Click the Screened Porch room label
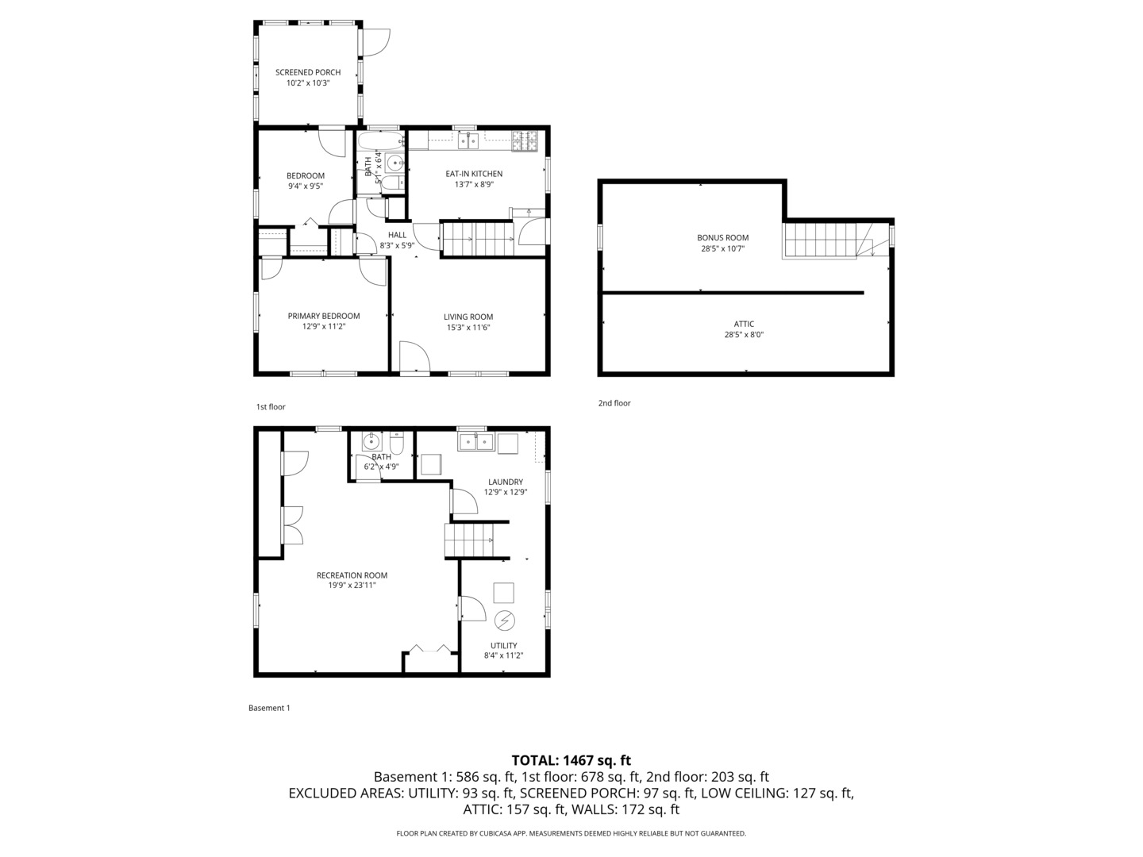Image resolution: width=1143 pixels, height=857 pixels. (x=308, y=72)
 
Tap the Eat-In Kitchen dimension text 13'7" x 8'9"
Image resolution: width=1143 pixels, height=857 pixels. (x=474, y=184)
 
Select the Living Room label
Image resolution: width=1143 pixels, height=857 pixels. (x=468, y=317)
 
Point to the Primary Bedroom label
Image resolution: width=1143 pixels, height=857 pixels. (x=323, y=316)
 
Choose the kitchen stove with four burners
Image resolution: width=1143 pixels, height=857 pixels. (x=524, y=141)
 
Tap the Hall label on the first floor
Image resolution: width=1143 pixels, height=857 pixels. (x=397, y=235)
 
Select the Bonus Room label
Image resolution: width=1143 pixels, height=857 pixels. (x=722, y=237)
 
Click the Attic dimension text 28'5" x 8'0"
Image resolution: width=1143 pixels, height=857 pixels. (x=744, y=335)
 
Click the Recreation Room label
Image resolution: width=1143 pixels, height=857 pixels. (x=352, y=575)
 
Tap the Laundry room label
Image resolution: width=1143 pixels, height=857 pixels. (x=506, y=482)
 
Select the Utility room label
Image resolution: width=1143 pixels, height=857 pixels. (x=503, y=645)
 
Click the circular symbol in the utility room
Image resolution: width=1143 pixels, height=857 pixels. (x=504, y=619)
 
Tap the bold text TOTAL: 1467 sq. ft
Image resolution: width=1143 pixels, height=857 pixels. (x=571, y=760)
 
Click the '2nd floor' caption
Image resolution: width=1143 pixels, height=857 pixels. (x=614, y=403)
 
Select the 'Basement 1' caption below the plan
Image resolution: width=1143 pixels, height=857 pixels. (x=269, y=708)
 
